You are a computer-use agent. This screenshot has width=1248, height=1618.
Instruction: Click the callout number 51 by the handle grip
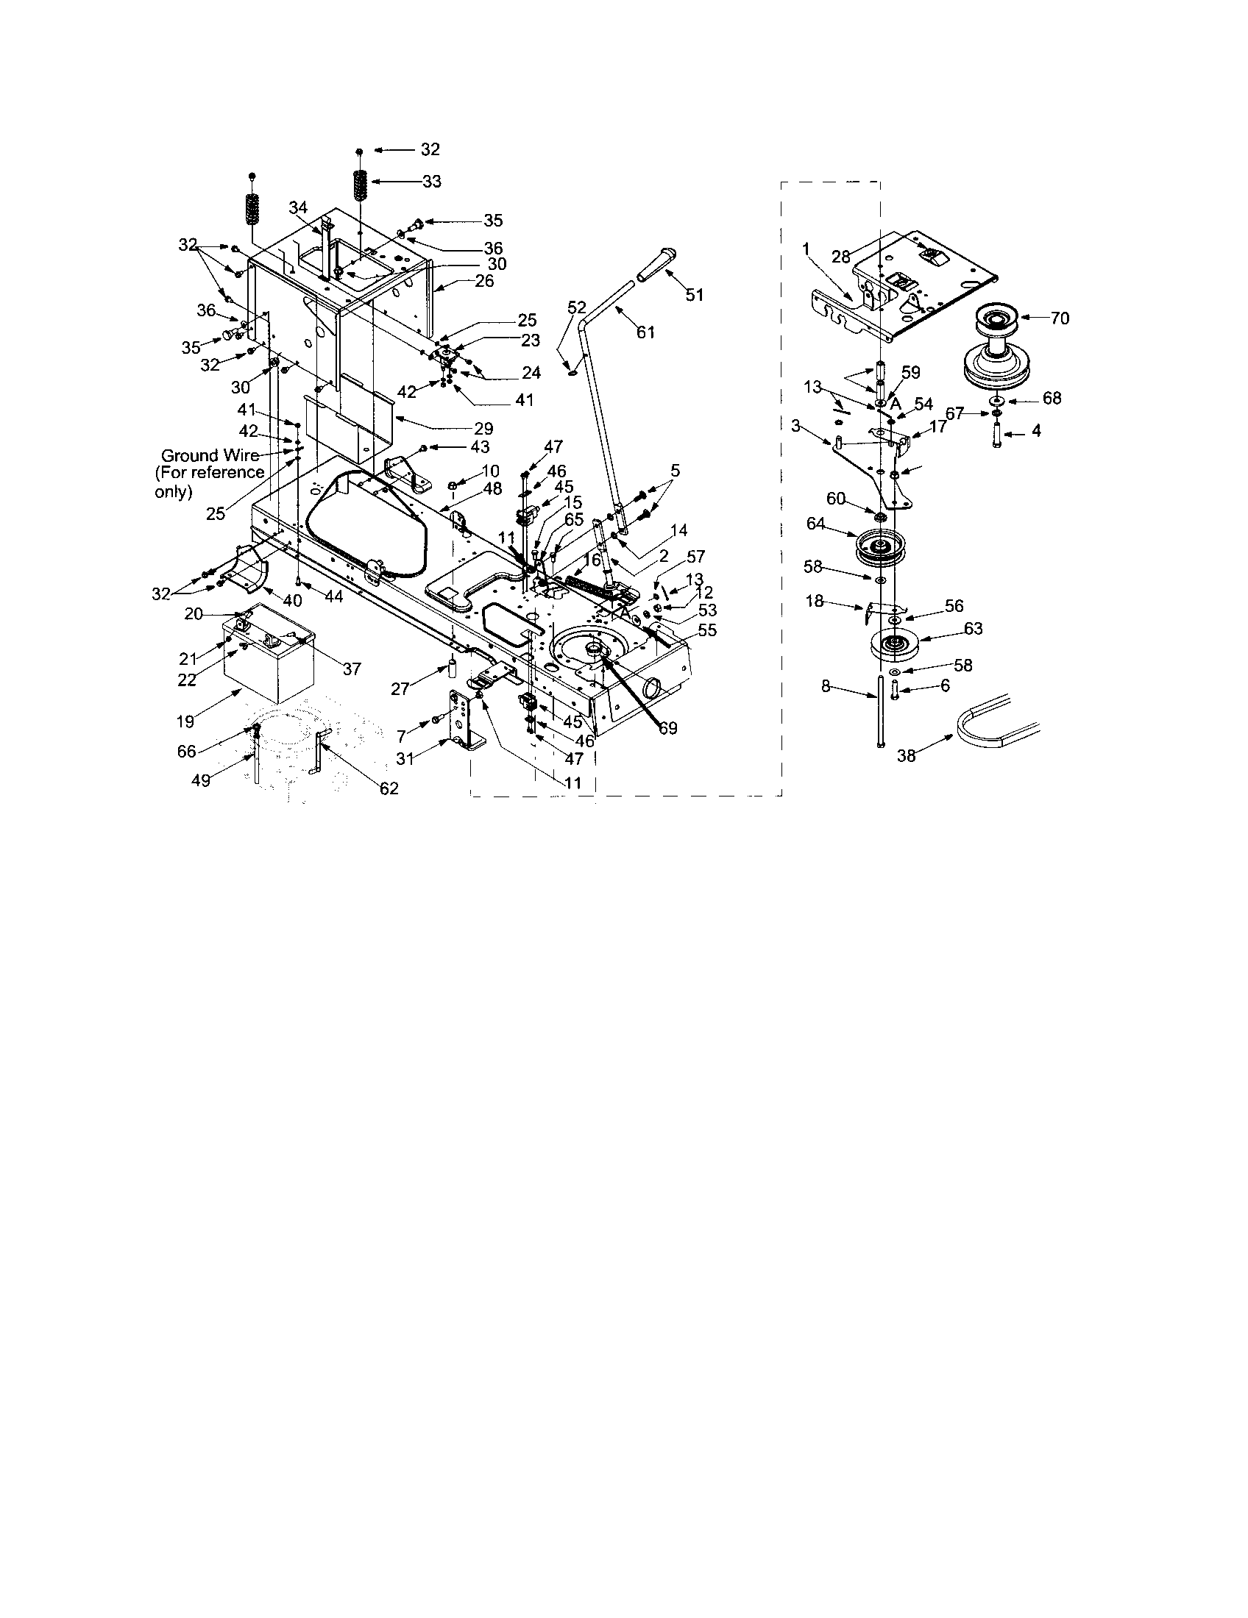pos(694,295)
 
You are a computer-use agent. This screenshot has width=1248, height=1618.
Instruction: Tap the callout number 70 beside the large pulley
pos(1060,318)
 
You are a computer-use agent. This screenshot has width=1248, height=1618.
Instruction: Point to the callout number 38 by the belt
pos(907,755)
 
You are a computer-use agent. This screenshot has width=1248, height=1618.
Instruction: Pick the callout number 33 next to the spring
pos(431,181)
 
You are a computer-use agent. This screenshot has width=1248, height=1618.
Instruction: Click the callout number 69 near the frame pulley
pos(667,728)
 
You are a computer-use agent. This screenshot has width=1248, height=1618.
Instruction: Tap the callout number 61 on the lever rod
pos(645,332)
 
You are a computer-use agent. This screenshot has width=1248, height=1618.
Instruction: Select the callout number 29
pos(485,428)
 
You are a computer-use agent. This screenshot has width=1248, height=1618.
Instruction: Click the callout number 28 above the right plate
pos(840,257)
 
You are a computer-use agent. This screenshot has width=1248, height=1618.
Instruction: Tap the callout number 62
pos(389,788)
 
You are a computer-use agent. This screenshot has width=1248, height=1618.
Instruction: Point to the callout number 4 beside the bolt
pos(1036,430)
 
